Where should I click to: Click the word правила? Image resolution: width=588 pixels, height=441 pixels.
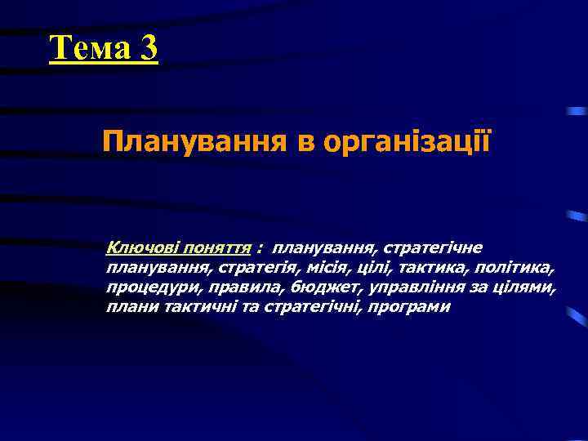click(234, 287)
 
